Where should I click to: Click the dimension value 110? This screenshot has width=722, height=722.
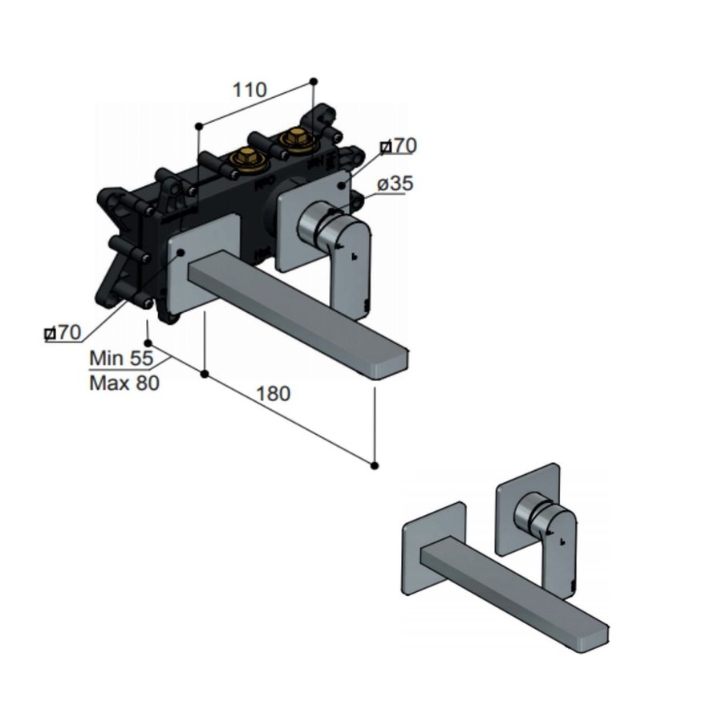[x=249, y=90]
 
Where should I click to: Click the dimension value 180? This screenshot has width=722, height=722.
[x=274, y=394]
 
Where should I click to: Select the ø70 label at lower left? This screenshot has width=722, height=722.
[x=63, y=331]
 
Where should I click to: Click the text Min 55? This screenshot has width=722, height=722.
[x=121, y=358]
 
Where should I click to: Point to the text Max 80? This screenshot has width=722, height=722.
[x=124, y=383]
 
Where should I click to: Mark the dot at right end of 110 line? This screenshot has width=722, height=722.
[x=314, y=81]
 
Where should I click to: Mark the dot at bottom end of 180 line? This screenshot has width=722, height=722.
[x=375, y=464]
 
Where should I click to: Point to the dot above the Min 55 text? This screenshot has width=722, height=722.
[x=148, y=343]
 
